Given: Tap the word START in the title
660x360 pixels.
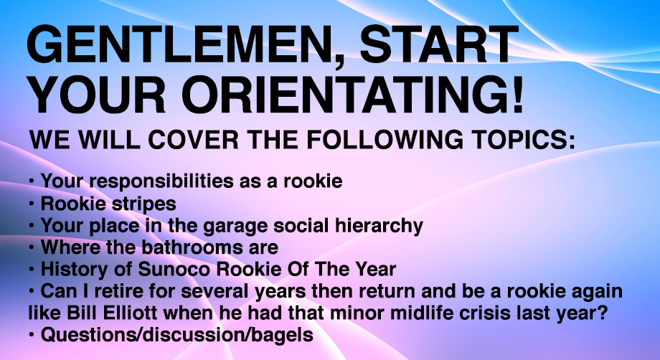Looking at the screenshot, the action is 439,44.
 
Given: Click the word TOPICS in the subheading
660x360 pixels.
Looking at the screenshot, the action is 523,139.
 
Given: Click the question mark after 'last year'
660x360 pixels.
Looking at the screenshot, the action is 603,313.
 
